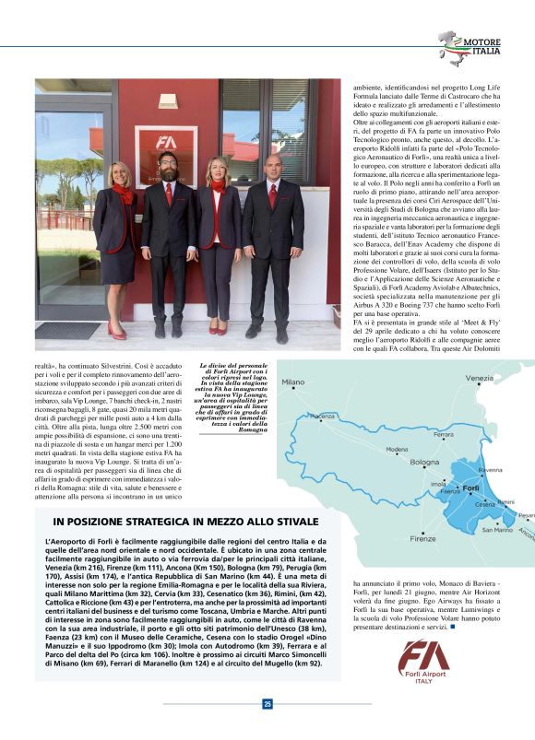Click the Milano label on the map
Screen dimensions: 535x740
(292, 382)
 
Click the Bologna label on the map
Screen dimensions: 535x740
(424, 462)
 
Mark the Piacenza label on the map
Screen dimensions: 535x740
(322, 416)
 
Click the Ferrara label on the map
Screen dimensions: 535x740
(444, 434)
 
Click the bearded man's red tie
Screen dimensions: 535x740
(168, 195)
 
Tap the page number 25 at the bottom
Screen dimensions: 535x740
(267, 704)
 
